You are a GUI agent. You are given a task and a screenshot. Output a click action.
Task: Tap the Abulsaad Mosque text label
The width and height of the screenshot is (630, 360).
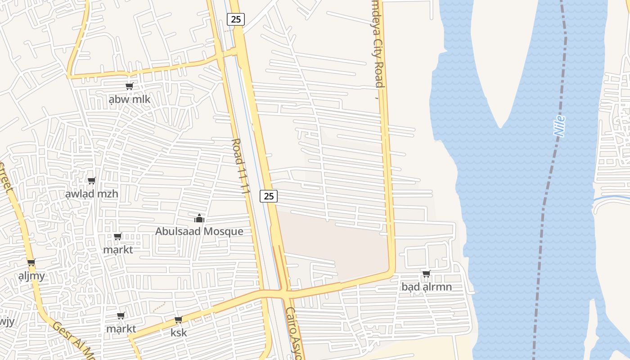point(199,231)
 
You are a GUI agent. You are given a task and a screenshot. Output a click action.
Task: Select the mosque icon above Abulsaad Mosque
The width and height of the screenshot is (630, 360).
point(199,219)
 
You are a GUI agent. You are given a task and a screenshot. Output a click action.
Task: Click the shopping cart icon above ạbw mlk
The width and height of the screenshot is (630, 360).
point(130,86)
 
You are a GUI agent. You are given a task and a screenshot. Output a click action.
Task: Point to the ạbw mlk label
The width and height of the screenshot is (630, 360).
point(130,99)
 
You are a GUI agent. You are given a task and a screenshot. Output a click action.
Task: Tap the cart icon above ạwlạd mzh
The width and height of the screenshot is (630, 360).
point(92,181)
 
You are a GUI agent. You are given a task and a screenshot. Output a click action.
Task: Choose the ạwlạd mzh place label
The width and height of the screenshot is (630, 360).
point(92,194)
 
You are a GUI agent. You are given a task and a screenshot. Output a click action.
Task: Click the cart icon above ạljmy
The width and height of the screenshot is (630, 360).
point(31,263)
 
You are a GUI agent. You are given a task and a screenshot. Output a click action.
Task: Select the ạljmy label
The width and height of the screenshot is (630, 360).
point(31,276)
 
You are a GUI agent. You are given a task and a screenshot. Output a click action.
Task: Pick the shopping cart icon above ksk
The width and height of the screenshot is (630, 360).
point(179,320)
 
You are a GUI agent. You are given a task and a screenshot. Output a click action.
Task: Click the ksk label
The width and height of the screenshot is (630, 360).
point(179,333)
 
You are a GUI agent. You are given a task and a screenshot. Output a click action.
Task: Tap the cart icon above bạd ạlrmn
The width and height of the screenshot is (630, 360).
point(426,274)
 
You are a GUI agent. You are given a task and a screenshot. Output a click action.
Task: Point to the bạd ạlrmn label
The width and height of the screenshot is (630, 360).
point(427,287)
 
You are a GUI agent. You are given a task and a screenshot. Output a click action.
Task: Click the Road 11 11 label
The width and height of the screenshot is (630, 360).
point(240,166)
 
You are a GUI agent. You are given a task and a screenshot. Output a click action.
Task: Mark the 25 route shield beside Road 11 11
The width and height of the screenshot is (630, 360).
point(269,196)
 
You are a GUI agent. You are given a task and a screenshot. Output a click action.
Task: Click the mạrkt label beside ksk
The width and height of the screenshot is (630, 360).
point(121,329)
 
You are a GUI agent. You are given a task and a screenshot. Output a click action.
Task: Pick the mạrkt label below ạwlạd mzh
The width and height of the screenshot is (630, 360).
point(118,249)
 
